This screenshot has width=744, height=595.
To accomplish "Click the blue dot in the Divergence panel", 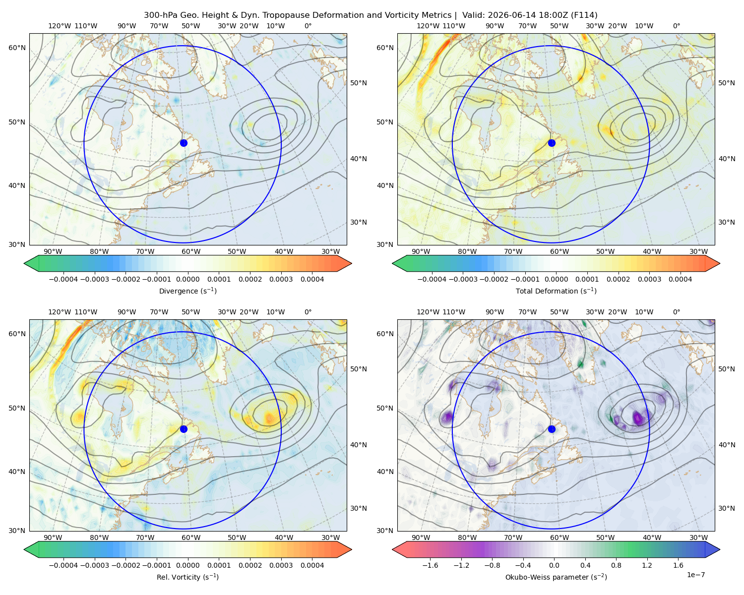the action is pos(184,143).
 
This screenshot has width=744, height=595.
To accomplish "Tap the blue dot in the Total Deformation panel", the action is pos(552,143).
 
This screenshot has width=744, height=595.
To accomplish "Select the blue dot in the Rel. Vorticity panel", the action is pos(184,429).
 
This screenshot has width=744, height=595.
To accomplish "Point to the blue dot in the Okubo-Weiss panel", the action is pos(552,429).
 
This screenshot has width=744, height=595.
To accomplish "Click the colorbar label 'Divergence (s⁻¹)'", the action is pos(187,291).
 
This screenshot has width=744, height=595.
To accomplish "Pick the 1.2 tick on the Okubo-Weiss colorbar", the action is pos(647,565).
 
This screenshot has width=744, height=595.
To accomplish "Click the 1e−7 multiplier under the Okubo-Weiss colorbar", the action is pos(695,575).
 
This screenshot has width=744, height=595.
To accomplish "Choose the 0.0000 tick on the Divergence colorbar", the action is pos(187,279).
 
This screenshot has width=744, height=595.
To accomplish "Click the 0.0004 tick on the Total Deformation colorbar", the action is pos(680,279).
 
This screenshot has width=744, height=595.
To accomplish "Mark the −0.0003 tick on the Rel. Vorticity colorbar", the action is pos(94,565).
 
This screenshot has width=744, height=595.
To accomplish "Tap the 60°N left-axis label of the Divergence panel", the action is pos(17,48).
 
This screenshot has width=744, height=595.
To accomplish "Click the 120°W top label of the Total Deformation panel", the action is pos(428,26).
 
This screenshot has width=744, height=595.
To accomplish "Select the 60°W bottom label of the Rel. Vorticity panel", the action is pos(191,537).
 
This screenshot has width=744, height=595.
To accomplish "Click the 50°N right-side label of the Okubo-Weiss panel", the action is pos(727,369).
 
